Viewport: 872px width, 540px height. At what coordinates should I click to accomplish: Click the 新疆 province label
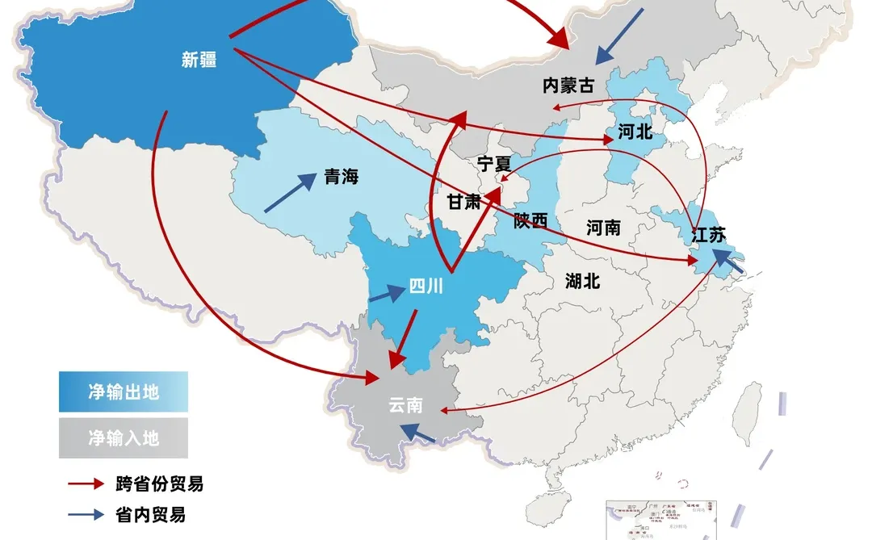(199, 60)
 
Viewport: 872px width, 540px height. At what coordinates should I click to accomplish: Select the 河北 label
(635, 132)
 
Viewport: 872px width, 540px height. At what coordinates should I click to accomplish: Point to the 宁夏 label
(493, 164)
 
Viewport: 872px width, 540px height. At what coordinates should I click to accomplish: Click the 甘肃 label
(463, 201)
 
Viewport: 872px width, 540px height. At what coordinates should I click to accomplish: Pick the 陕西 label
(530, 220)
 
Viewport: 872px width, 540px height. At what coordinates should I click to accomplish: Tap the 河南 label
(603, 228)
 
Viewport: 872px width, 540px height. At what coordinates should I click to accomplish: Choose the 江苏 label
(709, 236)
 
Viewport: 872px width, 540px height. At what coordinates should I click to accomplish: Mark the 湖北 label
(582, 281)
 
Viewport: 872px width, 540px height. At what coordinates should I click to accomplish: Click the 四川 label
(426, 287)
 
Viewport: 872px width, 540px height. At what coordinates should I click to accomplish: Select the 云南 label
(405, 405)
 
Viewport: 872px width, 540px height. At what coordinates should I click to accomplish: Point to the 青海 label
(341, 178)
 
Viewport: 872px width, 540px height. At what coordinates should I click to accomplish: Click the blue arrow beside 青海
(290, 194)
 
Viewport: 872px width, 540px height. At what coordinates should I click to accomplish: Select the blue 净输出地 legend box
(123, 392)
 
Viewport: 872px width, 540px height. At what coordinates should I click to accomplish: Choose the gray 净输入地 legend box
(123, 438)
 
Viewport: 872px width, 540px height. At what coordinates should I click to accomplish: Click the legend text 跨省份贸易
(159, 484)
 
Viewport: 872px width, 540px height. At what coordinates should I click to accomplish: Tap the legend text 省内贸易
(150, 514)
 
